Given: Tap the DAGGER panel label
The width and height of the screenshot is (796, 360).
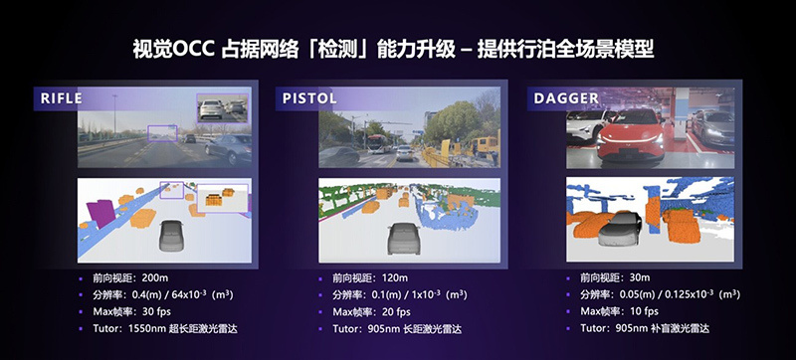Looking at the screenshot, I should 565,98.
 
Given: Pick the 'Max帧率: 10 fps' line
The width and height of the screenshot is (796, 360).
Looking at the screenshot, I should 614,312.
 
